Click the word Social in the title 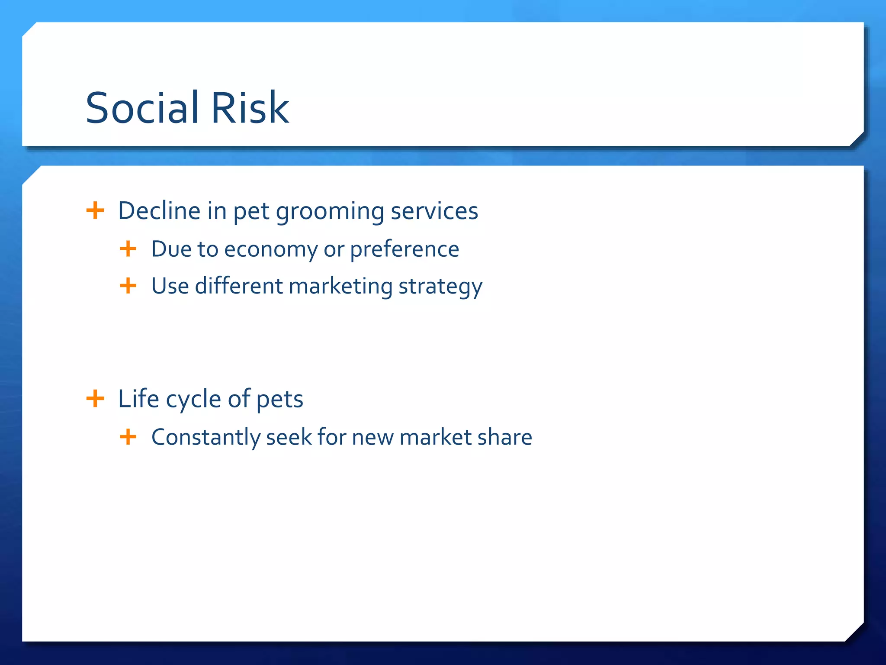[x=142, y=108]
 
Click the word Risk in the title [x=250, y=108]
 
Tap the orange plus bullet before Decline [x=95, y=211]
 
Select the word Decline [x=159, y=211]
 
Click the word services [x=434, y=211]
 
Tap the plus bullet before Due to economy [x=128, y=249]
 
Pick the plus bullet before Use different [x=128, y=286]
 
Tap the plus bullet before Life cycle [x=95, y=398]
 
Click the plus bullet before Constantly [x=128, y=437]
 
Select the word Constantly [x=205, y=437]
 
